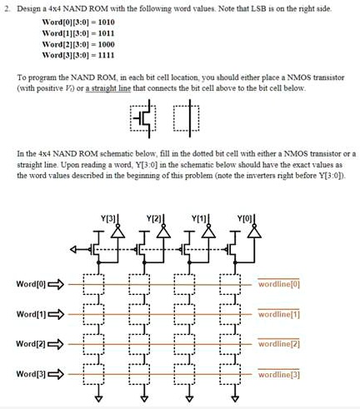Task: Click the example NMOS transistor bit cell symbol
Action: (142, 118)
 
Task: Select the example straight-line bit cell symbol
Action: (186, 118)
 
